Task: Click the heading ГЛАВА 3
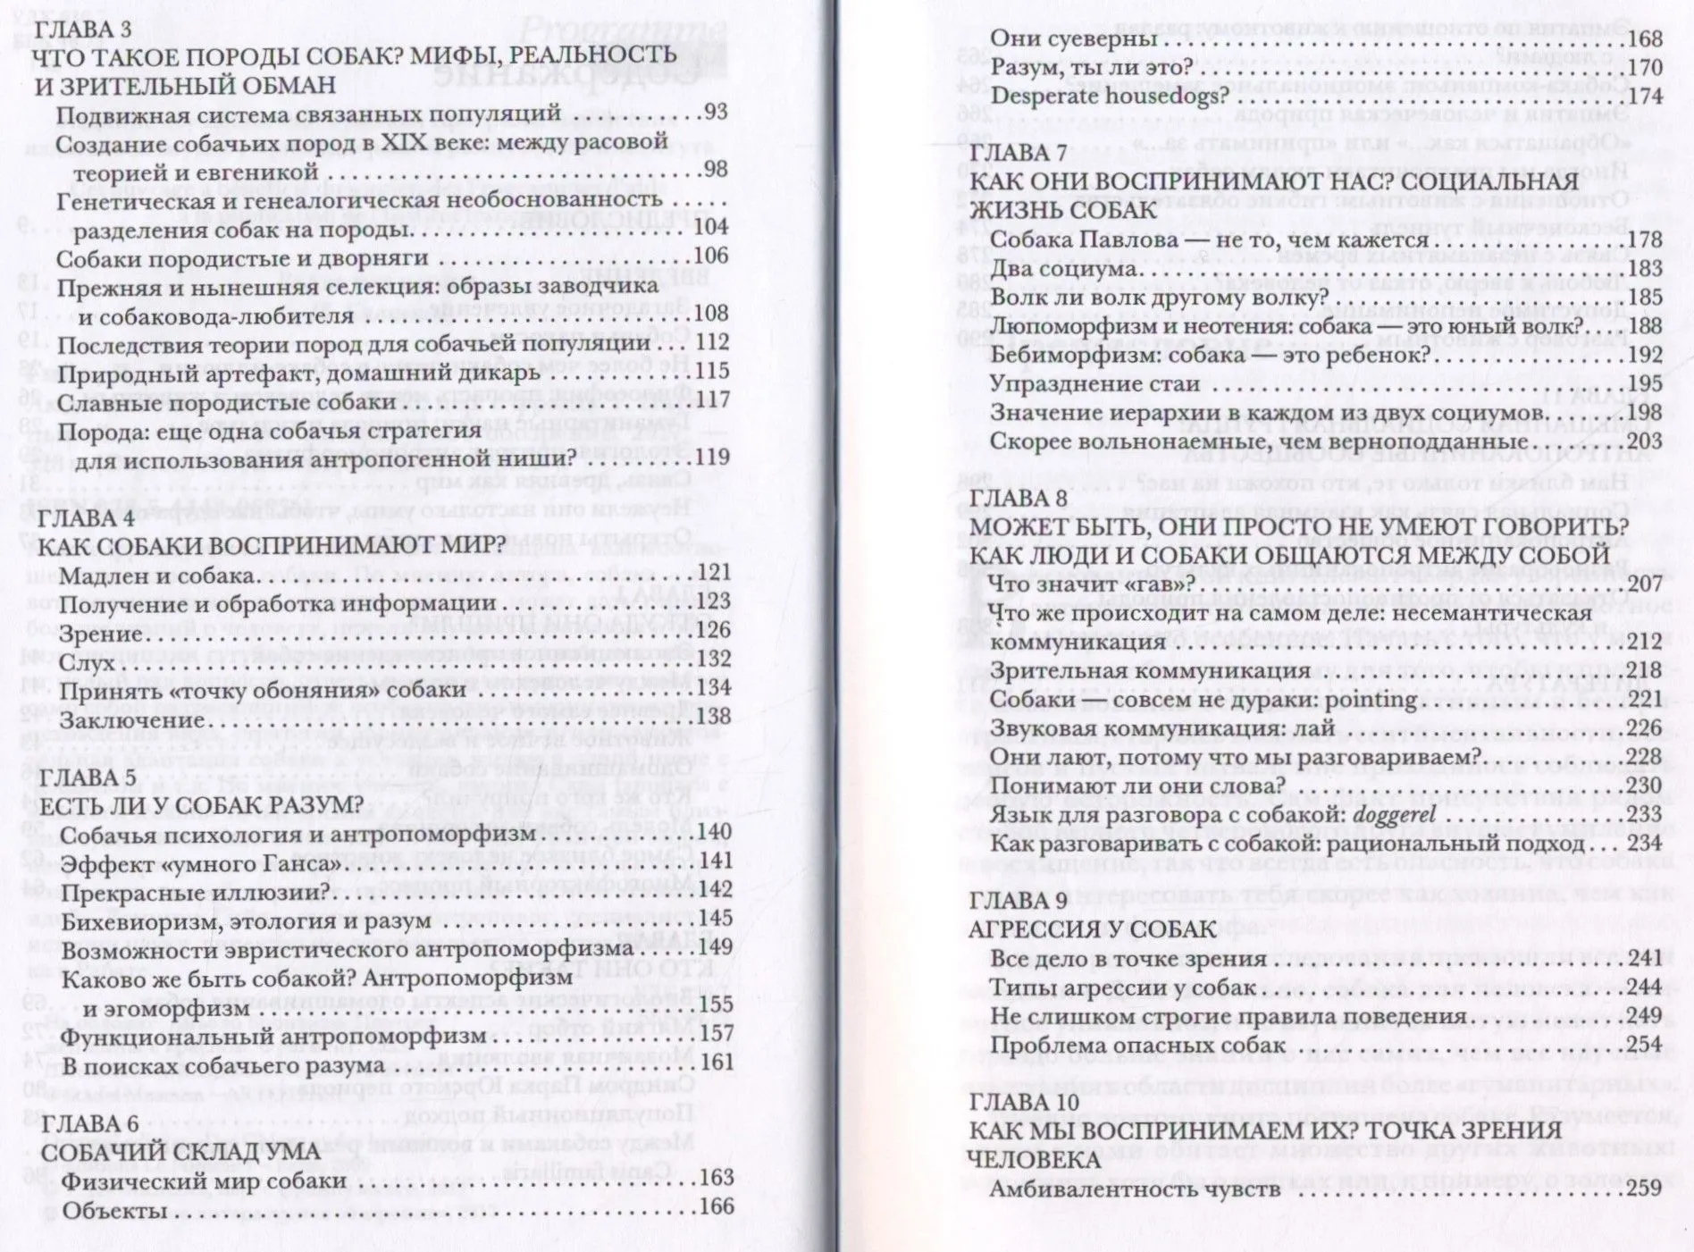click(x=82, y=29)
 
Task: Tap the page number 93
click(x=716, y=112)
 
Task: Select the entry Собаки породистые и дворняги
click(x=242, y=258)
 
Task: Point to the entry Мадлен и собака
click(x=157, y=576)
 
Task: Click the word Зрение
click(x=101, y=634)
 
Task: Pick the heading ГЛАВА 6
click(x=90, y=1123)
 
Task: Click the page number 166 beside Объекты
click(x=716, y=1207)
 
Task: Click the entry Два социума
click(x=1063, y=269)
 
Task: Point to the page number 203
click(x=1644, y=441)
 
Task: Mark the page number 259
click(x=1644, y=1188)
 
